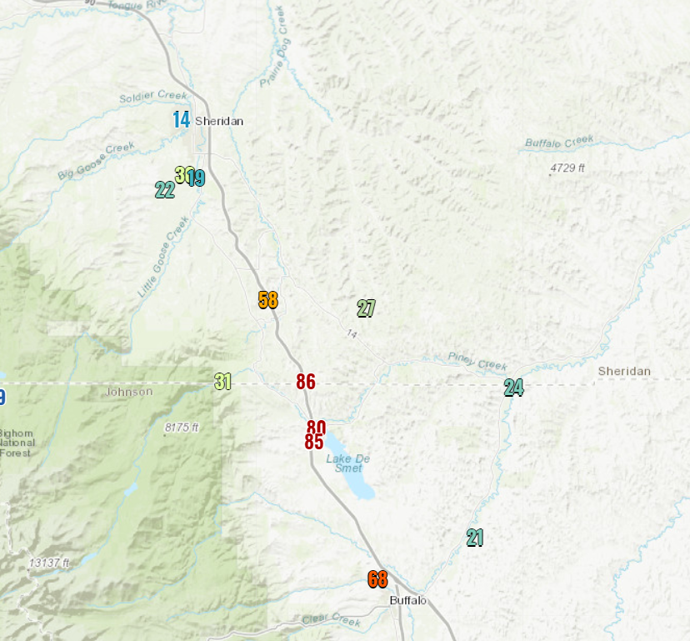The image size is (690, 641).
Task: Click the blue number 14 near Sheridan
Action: point(181,119)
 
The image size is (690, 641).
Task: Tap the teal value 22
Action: point(165,190)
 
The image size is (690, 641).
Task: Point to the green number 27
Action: point(366,308)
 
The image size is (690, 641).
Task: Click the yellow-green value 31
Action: point(222,382)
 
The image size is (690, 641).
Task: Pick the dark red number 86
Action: point(306,382)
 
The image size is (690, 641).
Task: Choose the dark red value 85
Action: point(313,443)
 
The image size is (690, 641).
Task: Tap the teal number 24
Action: point(513,388)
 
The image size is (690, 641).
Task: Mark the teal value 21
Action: point(475,538)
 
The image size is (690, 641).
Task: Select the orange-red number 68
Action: point(377,579)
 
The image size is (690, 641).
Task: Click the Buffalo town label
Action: point(408,600)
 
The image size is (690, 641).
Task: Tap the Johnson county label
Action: point(131,392)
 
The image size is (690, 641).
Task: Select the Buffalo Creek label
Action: point(558,142)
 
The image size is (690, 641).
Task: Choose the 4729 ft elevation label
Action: point(567,168)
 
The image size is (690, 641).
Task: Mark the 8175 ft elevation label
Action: point(182,428)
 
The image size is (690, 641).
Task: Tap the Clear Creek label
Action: point(332,619)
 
